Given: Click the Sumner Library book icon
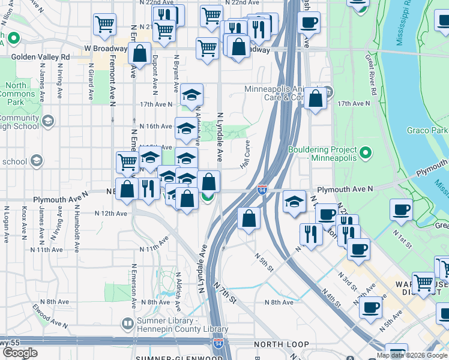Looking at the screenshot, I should click(127, 324).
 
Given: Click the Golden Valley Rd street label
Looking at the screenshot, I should click(41, 57).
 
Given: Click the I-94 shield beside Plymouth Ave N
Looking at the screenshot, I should click(262, 190).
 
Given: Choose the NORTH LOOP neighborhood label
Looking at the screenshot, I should click(281, 345).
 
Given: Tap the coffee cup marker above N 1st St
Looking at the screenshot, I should click(401, 211).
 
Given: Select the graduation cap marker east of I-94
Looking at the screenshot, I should click(294, 202).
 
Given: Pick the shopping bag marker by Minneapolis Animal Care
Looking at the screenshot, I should click(315, 98).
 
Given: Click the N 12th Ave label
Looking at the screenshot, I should click(111, 213).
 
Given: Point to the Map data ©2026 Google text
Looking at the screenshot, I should click(411, 356).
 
